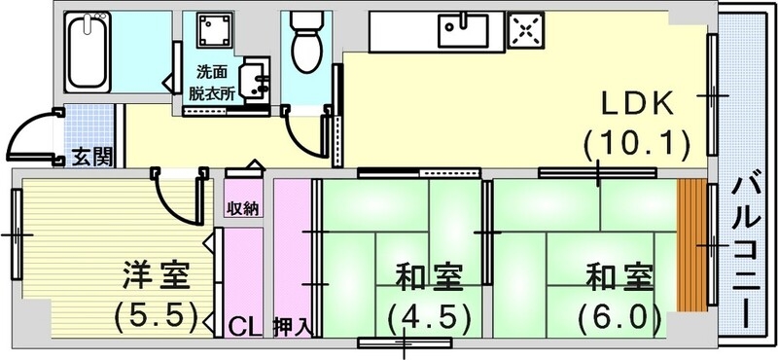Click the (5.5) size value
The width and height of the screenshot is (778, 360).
click(156, 315)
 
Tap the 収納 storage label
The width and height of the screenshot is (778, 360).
click(242, 209)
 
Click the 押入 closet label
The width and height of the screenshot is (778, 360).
click(292, 326)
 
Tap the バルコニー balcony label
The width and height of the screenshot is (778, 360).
click(745, 248)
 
